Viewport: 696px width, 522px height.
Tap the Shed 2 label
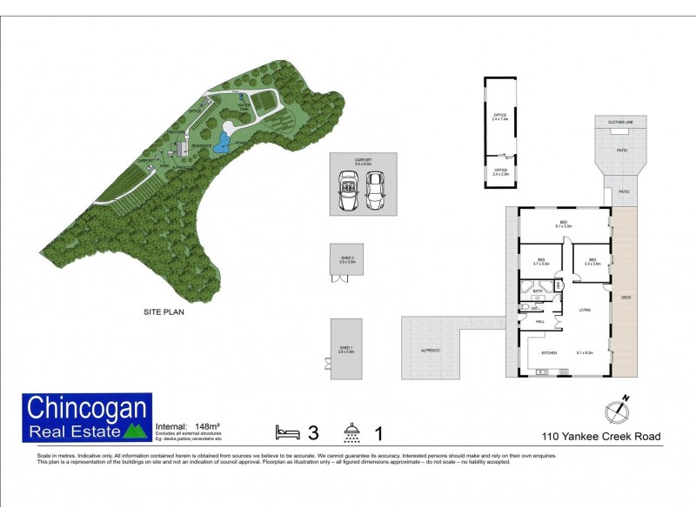(x=348, y=258)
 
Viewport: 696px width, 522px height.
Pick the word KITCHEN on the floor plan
(x=549, y=352)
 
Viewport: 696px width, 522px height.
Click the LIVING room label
(x=585, y=308)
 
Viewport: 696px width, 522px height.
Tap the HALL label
(x=539, y=322)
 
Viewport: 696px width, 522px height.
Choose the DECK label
(x=626, y=298)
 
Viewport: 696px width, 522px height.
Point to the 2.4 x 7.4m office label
(x=500, y=117)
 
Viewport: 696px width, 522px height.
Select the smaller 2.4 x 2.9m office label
(x=500, y=172)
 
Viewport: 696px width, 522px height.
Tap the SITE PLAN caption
(x=164, y=311)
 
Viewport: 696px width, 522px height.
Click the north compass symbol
(x=616, y=410)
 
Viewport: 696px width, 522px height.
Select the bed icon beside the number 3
(x=288, y=432)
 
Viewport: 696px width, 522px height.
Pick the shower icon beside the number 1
(x=352, y=432)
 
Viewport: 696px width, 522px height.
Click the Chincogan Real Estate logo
(x=87, y=418)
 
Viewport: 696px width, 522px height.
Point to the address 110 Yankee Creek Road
(x=600, y=437)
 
